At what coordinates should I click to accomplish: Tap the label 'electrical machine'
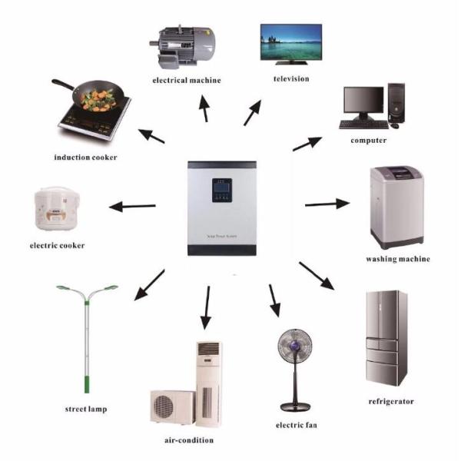click(x=187, y=80)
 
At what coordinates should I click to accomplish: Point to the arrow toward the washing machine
click(x=327, y=204)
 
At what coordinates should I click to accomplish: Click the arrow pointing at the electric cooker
click(x=132, y=206)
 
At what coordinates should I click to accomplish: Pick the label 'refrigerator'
click(x=392, y=401)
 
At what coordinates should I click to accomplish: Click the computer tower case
click(x=396, y=104)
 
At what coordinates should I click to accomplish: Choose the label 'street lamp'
click(x=85, y=409)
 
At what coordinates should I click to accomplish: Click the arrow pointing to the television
click(x=253, y=112)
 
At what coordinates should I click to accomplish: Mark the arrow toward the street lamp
click(x=149, y=285)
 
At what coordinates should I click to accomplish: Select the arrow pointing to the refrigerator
click(x=317, y=277)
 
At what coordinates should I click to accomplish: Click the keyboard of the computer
click(x=363, y=124)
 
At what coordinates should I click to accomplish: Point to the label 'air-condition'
click(x=188, y=440)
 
